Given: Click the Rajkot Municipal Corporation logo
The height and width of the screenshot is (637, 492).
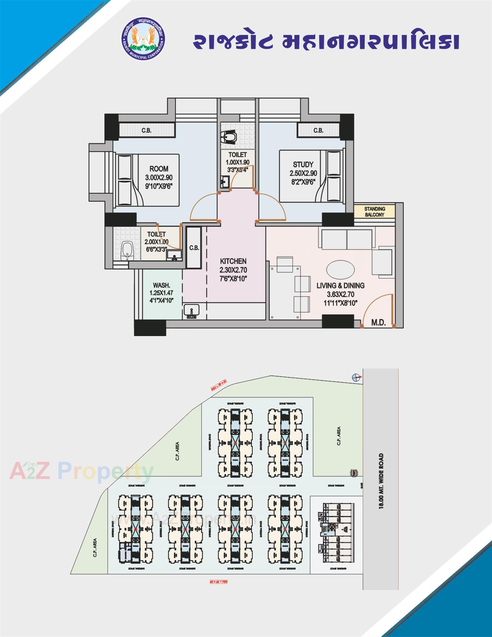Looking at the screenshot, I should click(x=143, y=42).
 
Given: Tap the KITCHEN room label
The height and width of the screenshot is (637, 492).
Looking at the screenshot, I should click(x=233, y=261).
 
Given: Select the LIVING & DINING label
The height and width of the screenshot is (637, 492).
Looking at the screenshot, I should click(x=340, y=285).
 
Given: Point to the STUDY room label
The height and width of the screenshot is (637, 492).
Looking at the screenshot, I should click(x=303, y=164).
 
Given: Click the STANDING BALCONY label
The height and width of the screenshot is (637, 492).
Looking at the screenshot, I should click(x=374, y=212).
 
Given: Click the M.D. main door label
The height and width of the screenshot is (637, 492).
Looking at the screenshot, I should click(x=378, y=322).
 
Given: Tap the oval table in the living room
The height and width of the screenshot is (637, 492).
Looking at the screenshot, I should click(x=340, y=269).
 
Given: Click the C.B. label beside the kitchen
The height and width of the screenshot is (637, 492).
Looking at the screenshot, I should click(x=194, y=248).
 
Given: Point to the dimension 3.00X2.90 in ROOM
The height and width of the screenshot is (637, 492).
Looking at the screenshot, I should click(x=159, y=177).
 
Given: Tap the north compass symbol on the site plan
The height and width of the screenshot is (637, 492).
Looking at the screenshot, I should click(x=356, y=377).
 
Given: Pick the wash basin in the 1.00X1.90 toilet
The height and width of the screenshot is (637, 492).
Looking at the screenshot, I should click(x=224, y=182).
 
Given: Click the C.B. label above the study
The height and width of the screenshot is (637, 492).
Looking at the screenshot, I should click(x=318, y=130).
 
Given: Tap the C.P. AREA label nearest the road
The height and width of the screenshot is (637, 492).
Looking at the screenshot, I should click(x=339, y=436).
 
